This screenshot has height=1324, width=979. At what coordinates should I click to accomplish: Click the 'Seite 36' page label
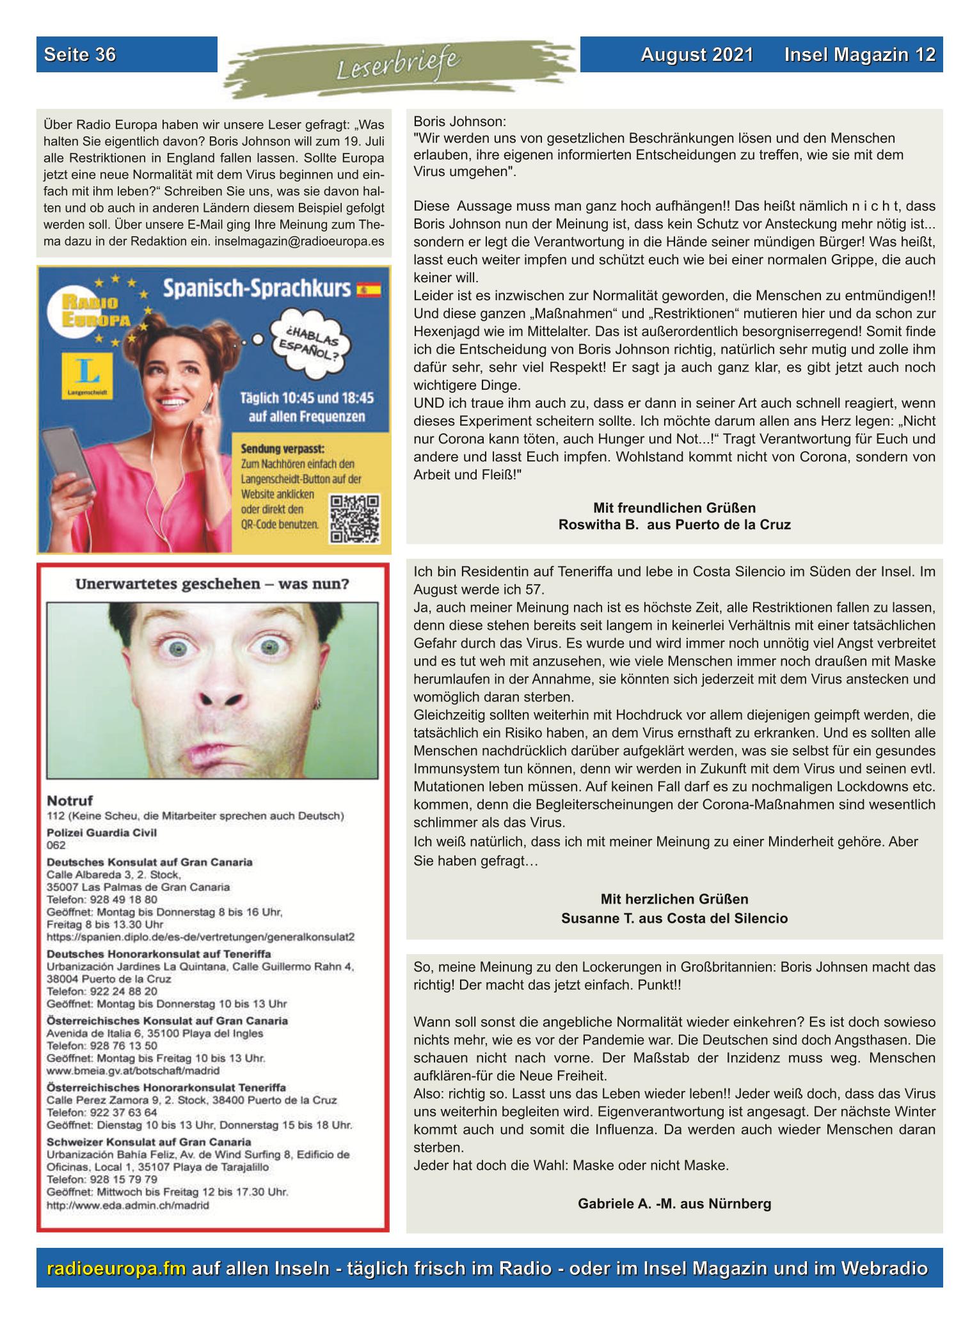click(80, 55)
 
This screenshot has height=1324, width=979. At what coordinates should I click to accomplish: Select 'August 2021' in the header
click(697, 55)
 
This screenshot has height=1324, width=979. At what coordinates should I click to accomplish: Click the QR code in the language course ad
click(354, 519)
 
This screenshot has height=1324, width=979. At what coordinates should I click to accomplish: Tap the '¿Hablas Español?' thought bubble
click(306, 342)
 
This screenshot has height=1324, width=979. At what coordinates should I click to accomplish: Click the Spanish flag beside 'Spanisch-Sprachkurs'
click(369, 290)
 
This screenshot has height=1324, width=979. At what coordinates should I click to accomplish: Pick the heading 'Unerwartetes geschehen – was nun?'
click(212, 584)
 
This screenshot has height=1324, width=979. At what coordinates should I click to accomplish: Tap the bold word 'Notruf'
click(70, 801)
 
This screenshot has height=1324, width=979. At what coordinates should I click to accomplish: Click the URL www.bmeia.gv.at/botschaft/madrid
click(133, 1070)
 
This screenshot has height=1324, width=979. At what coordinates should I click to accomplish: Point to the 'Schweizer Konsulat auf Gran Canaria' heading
click(149, 1142)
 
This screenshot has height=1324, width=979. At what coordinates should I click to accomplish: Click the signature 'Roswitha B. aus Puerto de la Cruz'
click(674, 525)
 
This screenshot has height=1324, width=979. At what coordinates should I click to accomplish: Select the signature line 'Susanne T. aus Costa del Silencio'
click(674, 918)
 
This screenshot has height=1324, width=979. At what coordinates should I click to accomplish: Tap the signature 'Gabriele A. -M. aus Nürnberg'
click(674, 1204)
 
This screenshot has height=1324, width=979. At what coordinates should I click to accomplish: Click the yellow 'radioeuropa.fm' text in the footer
click(116, 1269)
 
